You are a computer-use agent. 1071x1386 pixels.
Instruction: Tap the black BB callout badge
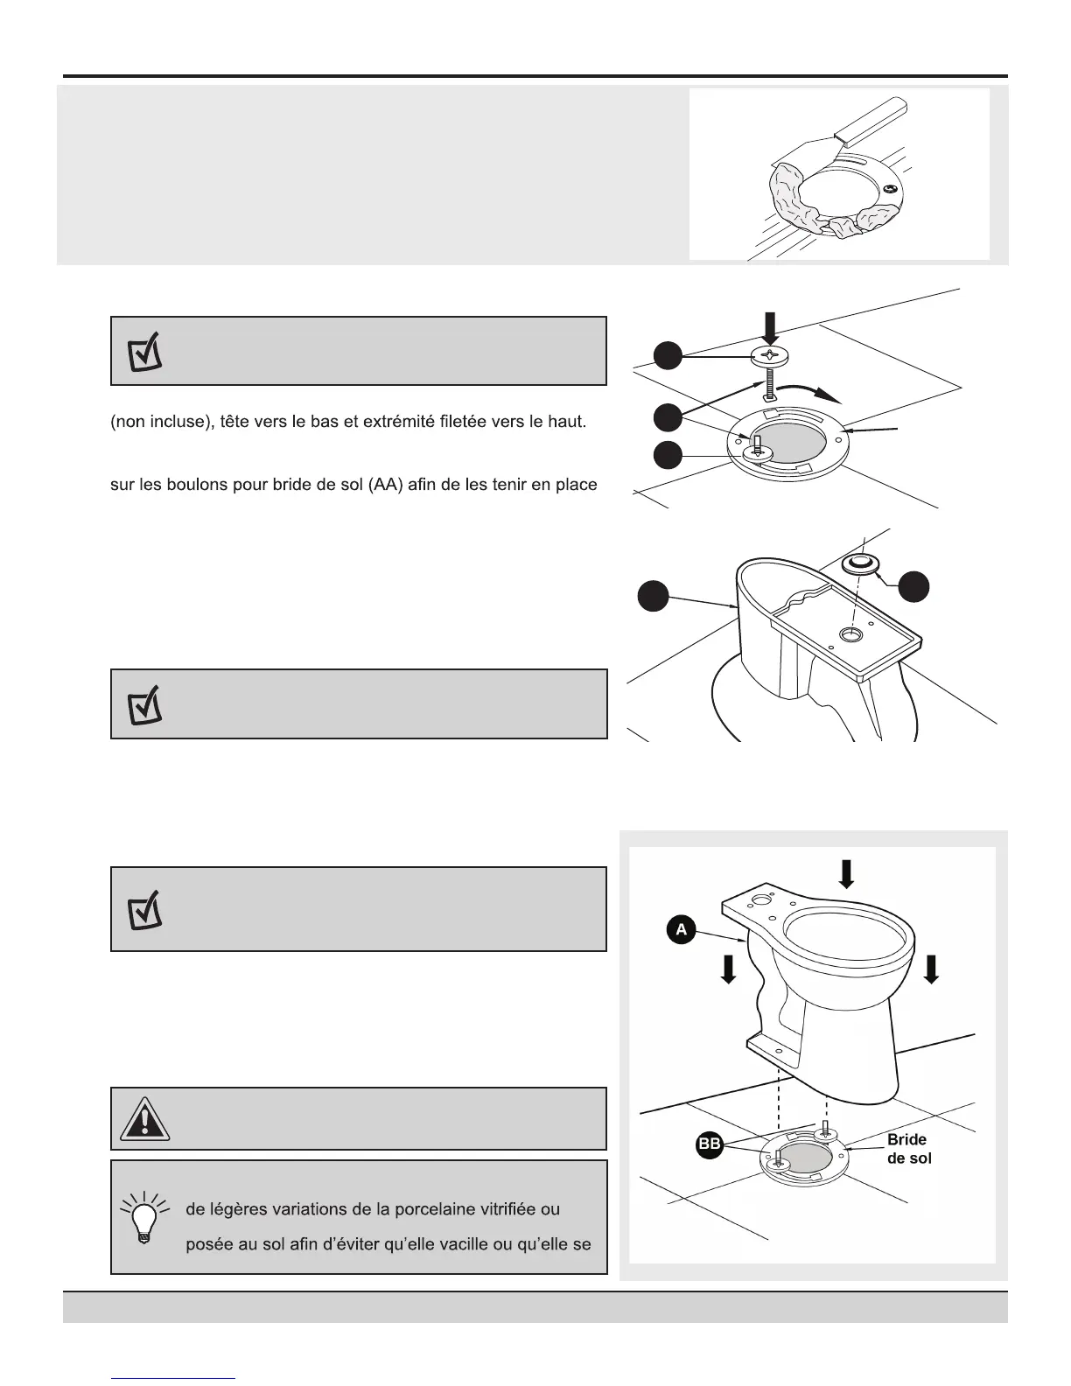tap(710, 1145)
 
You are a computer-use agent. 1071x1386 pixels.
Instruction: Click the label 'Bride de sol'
tap(908, 1149)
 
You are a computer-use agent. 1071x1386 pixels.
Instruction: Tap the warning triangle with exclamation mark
tap(140, 1119)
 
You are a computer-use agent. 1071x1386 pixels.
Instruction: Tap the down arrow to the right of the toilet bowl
tap(931, 968)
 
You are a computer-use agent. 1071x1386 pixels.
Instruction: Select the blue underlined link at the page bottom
tap(173, 1378)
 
